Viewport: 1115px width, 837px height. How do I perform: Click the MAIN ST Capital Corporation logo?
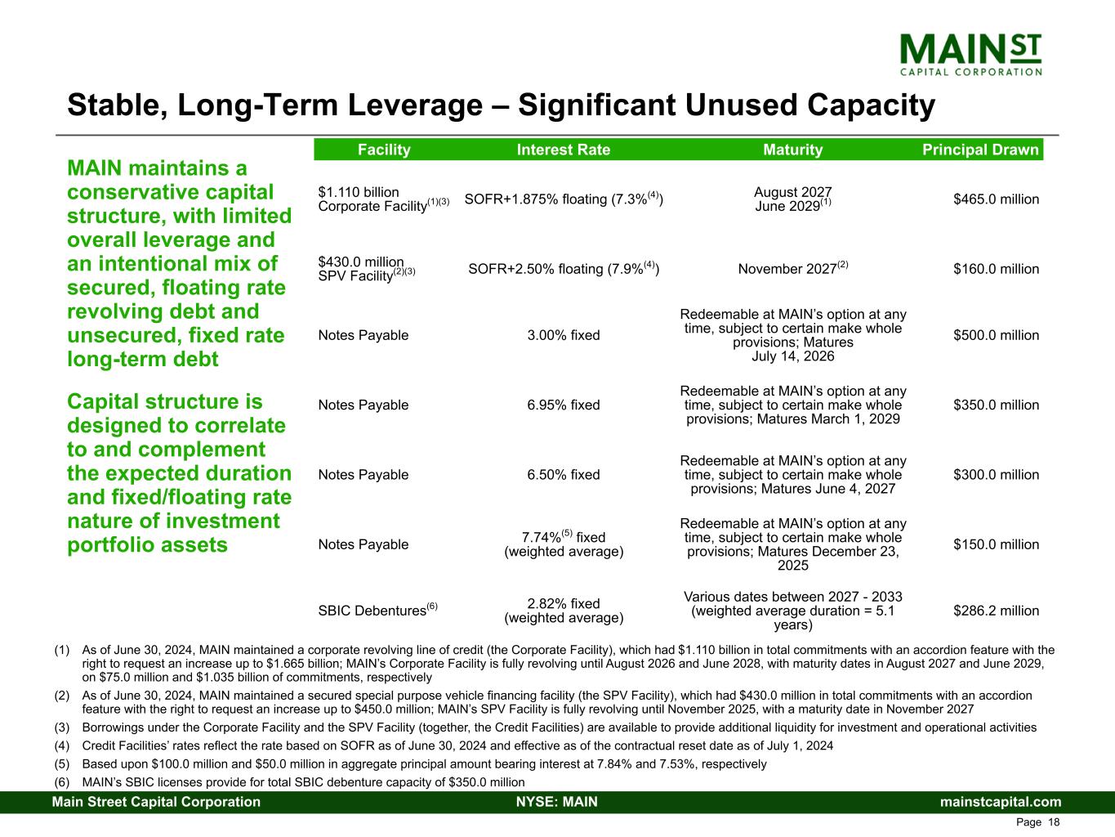click(x=970, y=55)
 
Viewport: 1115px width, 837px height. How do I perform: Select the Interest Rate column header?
click(x=564, y=150)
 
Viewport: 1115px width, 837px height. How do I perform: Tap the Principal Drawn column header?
click(x=980, y=150)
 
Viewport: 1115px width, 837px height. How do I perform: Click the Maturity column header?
click(x=792, y=150)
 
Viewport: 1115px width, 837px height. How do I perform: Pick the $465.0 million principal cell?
click(x=996, y=199)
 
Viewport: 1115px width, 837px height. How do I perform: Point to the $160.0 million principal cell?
click(x=996, y=268)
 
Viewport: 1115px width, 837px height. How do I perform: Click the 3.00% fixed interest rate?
click(x=564, y=335)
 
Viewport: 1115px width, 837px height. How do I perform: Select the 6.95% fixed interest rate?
click(x=564, y=405)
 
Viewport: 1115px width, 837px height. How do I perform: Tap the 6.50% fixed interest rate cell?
click(x=564, y=474)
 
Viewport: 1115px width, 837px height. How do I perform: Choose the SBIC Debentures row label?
click(x=377, y=609)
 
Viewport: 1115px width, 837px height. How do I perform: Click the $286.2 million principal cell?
click(x=996, y=611)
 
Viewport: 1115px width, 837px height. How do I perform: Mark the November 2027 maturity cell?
click(x=793, y=268)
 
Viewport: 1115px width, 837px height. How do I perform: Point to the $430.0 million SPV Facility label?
click(x=366, y=269)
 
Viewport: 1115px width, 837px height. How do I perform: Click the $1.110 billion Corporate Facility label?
click(x=384, y=199)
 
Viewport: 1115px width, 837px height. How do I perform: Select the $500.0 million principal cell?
click(x=996, y=335)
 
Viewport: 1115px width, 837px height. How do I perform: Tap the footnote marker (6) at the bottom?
click(x=62, y=782)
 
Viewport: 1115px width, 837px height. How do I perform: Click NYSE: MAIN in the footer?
click(x=557, y=802)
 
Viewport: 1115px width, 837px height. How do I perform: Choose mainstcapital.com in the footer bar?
click(x=1001, y=802)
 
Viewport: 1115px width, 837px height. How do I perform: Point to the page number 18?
click(x=1054, y=822)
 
